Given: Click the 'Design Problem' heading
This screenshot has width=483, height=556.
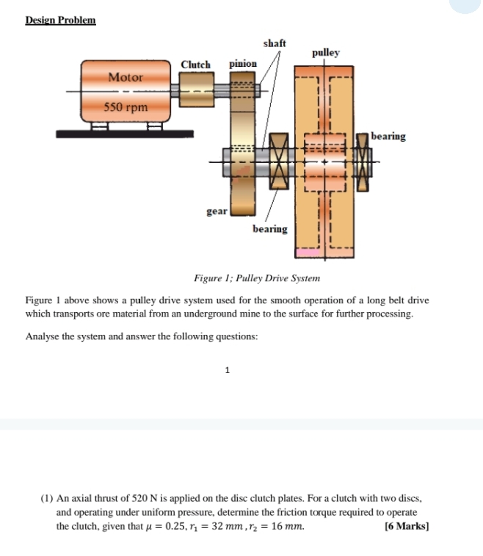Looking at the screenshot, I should point(60,20).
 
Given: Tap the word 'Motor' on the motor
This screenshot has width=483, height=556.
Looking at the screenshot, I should point(126,77).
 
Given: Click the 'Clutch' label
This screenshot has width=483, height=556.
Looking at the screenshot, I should point(195,65).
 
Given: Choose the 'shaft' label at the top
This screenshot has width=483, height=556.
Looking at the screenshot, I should point(275,43).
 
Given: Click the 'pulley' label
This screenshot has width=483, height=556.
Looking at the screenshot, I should point(326,53).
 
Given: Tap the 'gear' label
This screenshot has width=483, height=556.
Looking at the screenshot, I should point(217,211).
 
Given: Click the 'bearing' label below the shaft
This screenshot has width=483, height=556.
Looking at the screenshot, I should point(270,229).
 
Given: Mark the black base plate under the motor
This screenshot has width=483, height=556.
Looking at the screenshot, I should point(125,134).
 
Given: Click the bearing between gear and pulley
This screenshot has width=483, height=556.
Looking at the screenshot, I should point(278,159).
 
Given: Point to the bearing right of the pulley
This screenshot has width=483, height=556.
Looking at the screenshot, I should point(363,160).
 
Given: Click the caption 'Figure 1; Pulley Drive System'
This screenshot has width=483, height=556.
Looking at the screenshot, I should point(256,278).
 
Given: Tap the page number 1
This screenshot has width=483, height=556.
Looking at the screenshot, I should point(228,370).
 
